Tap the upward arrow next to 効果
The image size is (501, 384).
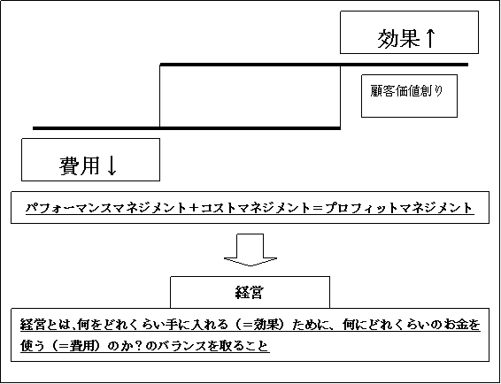tap(430, 38)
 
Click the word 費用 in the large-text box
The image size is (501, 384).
tap(79, 165)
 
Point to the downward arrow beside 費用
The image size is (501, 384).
tap(112, 165)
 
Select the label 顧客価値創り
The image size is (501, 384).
tap(407, 91)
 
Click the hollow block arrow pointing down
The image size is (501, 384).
tap(250, 250)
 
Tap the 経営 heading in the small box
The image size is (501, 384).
tap(250, 292)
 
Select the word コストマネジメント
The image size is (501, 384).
tap(255, 208)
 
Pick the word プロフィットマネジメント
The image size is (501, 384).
tap(398, 208)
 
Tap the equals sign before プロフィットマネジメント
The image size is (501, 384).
tap(316, 209)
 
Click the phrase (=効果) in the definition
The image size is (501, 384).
tap(258, 326)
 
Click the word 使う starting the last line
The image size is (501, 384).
tap(34, 346)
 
